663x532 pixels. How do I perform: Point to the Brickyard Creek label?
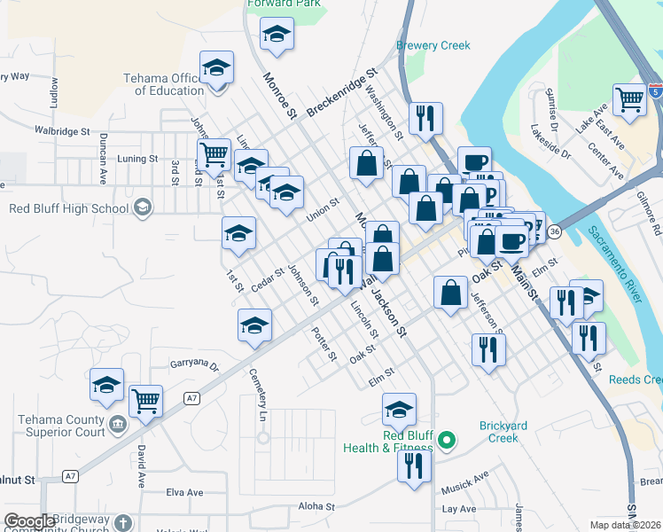point(503,432)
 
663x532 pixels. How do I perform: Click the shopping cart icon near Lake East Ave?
point(629,99)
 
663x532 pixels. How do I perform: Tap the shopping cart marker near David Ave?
point(145,400)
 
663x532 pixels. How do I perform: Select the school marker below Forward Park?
point(277,35)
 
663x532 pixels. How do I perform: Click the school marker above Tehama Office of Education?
point(215,68)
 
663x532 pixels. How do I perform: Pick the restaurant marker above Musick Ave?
point(412,465)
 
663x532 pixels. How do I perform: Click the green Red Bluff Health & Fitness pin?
point(448,439)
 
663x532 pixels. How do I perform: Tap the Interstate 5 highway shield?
point(654,91)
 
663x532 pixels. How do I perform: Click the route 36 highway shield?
point(555,231)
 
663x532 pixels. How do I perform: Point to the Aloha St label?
point(316,506)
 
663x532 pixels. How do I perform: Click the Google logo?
point(29,521)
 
